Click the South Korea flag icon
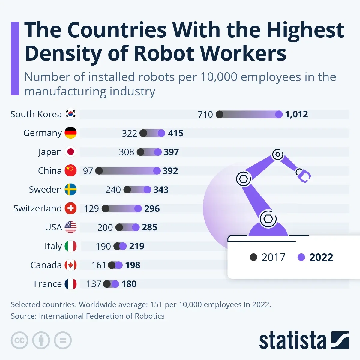pos(71,114)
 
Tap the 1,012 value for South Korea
pos(296,114)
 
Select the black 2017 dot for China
pos(99,171)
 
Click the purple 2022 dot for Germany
pos(161,133)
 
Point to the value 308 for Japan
pos(126,152)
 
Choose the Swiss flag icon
pos(71,208)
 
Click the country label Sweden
pos(45,190)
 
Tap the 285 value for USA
pos(149,227)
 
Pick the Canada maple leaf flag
pos(71,265)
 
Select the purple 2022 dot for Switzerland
pos(138,208)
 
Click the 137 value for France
pos(94,284)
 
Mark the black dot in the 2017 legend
pos(253,257)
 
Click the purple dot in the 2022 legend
pos(301,257)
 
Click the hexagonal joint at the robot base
pos(268,219)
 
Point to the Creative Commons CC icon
pos(19,340)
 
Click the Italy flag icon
pos(71,246)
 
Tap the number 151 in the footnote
pos(156,305)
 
